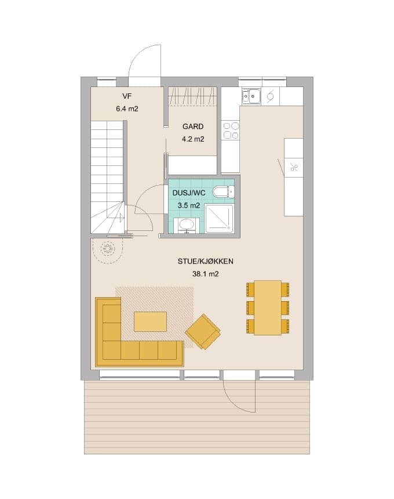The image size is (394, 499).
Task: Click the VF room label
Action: (127, 96)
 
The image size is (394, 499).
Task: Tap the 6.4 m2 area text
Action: (127, 109)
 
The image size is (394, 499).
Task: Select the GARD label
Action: (193, 126)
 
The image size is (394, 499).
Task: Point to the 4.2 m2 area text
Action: (193, 139)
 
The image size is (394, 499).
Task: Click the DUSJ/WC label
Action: (189, 193)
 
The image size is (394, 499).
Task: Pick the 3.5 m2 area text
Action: (189, 205)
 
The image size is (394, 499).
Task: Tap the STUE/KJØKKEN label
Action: (205, 261)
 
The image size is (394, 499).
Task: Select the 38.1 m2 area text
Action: (205, 274)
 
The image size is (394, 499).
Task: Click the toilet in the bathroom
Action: (224, 192)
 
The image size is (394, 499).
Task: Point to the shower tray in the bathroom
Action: (219, 219)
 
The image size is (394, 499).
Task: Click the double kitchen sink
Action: (251, 96)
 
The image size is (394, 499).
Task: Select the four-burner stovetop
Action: (231, 131)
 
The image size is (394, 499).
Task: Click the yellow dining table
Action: (268, 308)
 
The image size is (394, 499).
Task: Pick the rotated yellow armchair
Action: (203, 331)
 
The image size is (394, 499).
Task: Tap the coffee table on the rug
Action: (150, 322)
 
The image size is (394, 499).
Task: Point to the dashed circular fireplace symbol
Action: (107, 248)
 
